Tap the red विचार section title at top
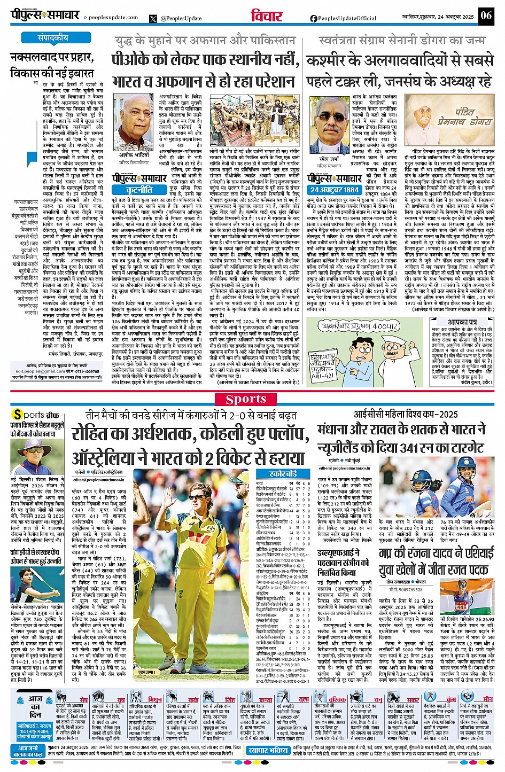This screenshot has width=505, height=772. coord(267,16)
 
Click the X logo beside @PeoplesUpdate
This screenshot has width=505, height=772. coord(154,18)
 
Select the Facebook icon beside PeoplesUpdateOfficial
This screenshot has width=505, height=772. coord(314,18)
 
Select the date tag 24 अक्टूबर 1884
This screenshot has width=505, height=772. coord(335,189)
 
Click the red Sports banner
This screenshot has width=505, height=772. coord(246,399)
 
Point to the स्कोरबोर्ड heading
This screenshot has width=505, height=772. coord(283,473)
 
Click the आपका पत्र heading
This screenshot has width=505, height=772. coord(462,323)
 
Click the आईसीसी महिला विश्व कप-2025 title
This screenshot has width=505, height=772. coord(406,415)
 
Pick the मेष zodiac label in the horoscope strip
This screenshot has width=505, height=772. coord(84,699)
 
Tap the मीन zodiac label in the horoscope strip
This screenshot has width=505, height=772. coord(487,699)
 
